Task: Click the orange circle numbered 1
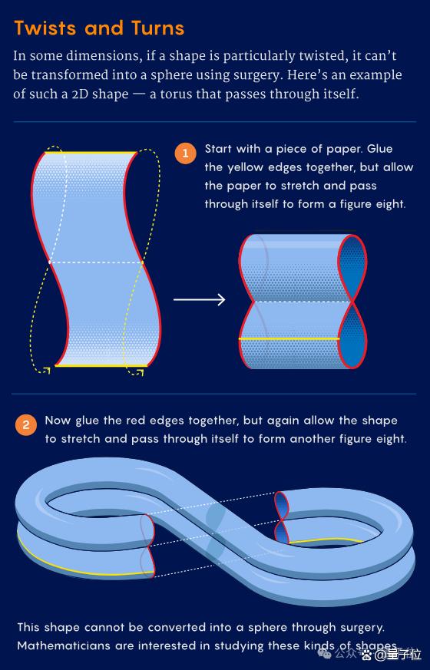click(186, 153)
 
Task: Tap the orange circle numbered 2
click(26, 424)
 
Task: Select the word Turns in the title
click(157, 28)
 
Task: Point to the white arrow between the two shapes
click(199, 299)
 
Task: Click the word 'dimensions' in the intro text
click(98, 56)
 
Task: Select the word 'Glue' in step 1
click(380, 149)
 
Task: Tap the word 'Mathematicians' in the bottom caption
click(64, 645)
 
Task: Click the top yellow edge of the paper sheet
click(91, 152)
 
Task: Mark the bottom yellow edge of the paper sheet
click(101, 366)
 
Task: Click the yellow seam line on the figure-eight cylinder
click(289, 339)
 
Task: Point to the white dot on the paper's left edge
click(50, 262)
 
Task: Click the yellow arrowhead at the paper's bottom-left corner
click(47, 370)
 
